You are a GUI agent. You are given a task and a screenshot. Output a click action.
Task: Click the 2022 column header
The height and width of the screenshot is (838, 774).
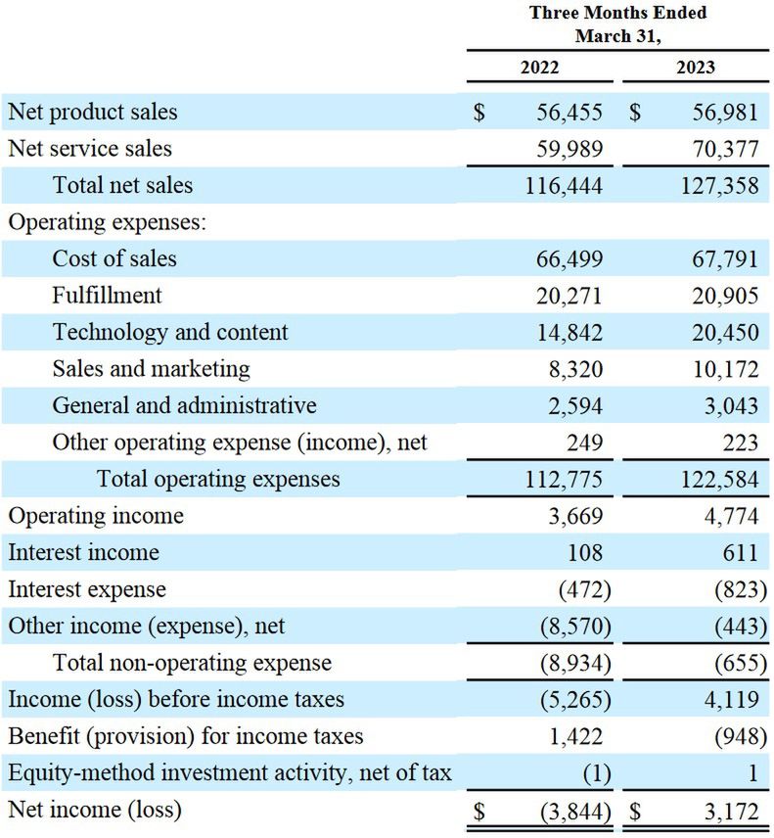[539, 68]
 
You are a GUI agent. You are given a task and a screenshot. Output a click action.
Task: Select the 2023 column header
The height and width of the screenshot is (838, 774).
[695, 68]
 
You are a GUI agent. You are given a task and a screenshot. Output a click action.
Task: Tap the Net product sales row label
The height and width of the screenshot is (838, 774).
[93, 112]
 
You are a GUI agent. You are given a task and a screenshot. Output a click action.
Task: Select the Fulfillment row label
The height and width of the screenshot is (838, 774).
[108, 295]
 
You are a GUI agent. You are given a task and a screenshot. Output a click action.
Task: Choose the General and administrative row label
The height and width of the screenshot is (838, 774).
[184, 405]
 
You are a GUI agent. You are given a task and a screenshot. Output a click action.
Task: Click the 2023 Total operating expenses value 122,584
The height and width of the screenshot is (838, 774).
[718, 479]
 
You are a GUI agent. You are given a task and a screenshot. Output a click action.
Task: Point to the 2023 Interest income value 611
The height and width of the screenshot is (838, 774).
[739, 552]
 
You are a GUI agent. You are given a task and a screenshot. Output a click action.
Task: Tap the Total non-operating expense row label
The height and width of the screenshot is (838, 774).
[192, 663]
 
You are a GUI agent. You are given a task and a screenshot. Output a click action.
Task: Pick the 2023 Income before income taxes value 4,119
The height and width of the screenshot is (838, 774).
[730, 700]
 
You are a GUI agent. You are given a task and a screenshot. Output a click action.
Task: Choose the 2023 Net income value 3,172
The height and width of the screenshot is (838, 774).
[730, 811]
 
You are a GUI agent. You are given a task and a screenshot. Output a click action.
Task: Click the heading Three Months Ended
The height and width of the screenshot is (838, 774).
[617, 14]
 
